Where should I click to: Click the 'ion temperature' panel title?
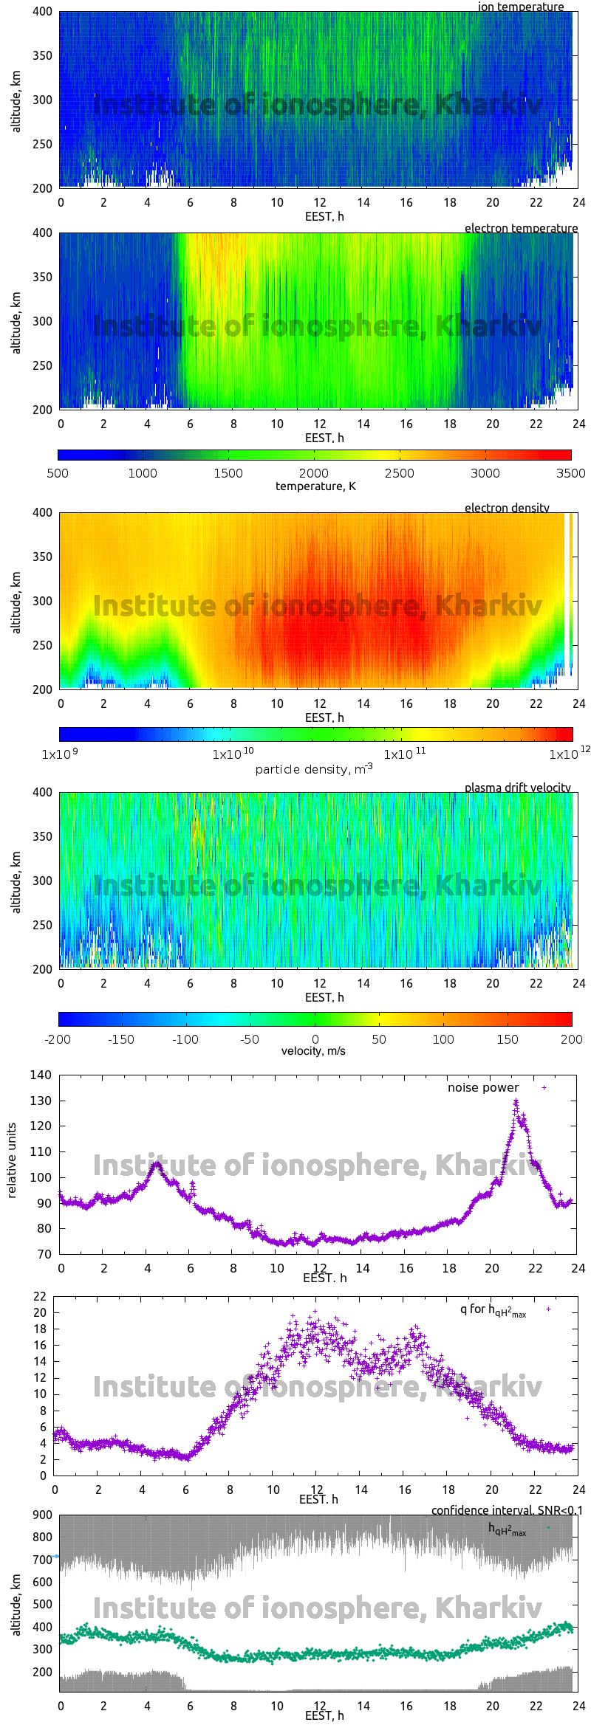(x=520, y=7)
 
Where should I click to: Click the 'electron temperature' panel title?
(x=521, y=228)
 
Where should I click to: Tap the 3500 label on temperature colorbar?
(x=570, y=473)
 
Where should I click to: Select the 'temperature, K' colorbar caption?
(x=315, y=486)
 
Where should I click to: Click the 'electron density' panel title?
(x=507, y=508)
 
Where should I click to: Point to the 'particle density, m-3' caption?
(x=314, y=769)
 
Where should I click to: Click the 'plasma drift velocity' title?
(x=517, y=788)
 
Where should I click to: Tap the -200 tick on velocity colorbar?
(x=58, y=1039)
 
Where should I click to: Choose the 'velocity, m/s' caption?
(x=313, y=1050)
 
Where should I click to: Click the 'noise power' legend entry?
(x=483, y=1087)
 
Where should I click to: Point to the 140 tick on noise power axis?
(x=41, y=1075)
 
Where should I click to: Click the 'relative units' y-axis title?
(x=11, y=1160)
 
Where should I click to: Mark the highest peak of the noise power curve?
(x=516, y=1101)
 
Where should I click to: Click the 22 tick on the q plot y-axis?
(x=39, y=1296)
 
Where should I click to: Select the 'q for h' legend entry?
(x=493, y=1310)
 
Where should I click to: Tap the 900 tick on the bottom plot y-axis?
(x=43, y=1515)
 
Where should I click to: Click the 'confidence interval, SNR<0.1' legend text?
(x=507, y=1510)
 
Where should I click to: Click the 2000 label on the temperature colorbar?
(x=314, y=473)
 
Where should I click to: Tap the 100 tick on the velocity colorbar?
(x=443, y=1039)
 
